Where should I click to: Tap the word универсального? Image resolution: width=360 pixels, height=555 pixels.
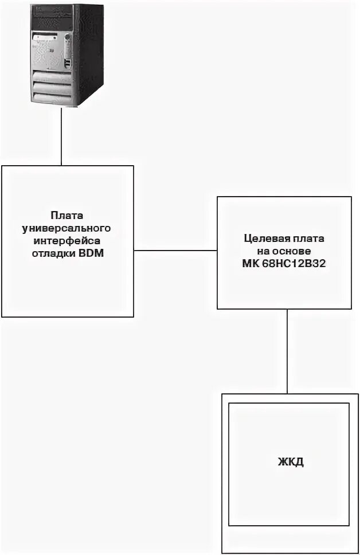point(68,228)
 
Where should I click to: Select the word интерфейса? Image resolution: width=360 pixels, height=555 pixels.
point(68,241)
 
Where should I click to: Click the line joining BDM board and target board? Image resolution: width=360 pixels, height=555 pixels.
point(175,251)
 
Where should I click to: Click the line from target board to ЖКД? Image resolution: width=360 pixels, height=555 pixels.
point(287,351)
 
